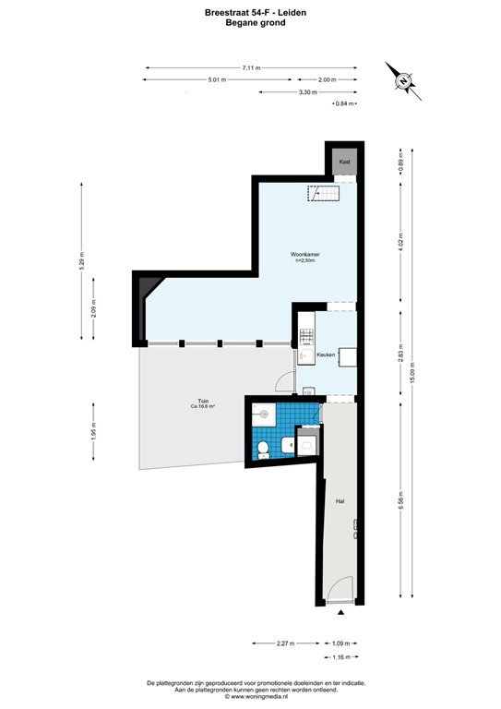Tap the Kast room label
click(345, 162)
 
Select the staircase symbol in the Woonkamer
click(324, 195)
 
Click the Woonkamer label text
click(304, 254)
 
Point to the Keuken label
click(325, 354)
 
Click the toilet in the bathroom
click(263, 449)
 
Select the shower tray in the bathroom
click(307, 443)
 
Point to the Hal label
click(340, 501)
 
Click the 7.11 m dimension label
click(250, 67)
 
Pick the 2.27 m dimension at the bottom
click(285, 643)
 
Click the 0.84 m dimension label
click(347, 103)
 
